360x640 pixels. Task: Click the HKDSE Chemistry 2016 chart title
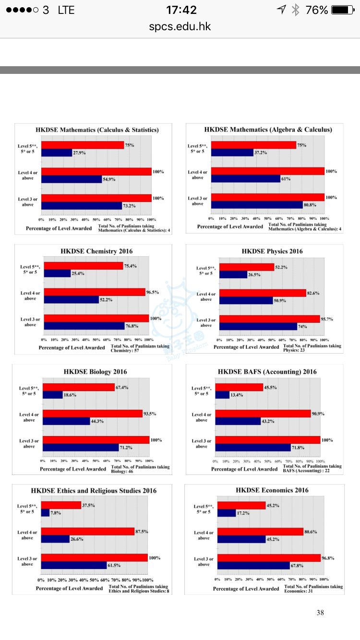[96, 251]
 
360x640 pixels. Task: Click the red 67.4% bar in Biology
[79, 387]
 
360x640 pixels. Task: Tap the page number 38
[320, 613]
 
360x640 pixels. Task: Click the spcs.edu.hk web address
[180, 26]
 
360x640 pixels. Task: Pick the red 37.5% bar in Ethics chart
[61, 505]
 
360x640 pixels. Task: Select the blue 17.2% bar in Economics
[227, 513]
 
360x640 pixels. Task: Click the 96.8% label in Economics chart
[329, 558]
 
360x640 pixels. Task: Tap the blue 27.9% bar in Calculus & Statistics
[56, 153]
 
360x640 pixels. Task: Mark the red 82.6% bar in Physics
[263, 293]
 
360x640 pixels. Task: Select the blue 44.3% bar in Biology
[66, 421]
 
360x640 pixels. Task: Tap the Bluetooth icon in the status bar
[295, 10]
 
